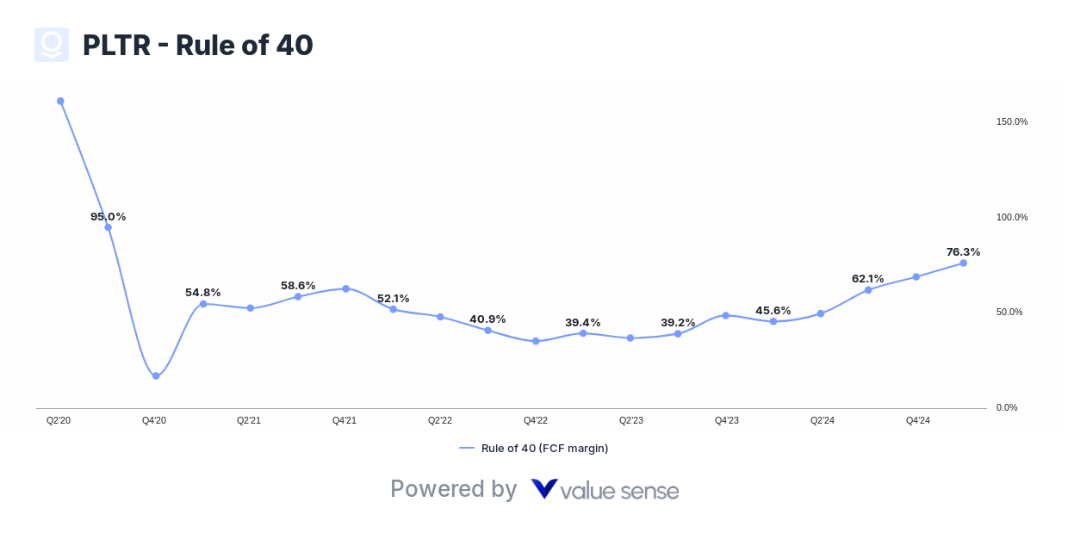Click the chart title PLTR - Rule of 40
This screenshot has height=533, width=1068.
[197, 45]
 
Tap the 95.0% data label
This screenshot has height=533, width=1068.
[108, 217]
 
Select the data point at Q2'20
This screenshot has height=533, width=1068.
[60, 101]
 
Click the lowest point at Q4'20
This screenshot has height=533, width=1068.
[156, 375]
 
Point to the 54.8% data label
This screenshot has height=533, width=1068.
[202, 293]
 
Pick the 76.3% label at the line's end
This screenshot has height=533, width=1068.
[963, 252]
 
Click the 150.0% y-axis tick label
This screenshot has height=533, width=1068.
[1011, 122]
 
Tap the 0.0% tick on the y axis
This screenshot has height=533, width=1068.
[1006, 407]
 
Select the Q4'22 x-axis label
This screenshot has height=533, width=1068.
[536, 420]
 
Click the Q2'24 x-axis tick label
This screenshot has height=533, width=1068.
[822, 420]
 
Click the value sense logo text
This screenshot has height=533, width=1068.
[605, 490]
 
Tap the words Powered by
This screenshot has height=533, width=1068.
[453, 489]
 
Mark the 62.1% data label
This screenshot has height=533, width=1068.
[867, 279]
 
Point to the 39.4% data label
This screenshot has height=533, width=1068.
[582, 323]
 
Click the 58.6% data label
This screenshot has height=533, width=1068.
[298, 286]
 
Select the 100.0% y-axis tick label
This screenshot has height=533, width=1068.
[1011, 217]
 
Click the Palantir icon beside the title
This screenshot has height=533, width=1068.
[52, 45]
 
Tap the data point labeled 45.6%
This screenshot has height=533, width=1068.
[773, 321]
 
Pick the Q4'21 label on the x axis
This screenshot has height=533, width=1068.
[345, 420]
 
